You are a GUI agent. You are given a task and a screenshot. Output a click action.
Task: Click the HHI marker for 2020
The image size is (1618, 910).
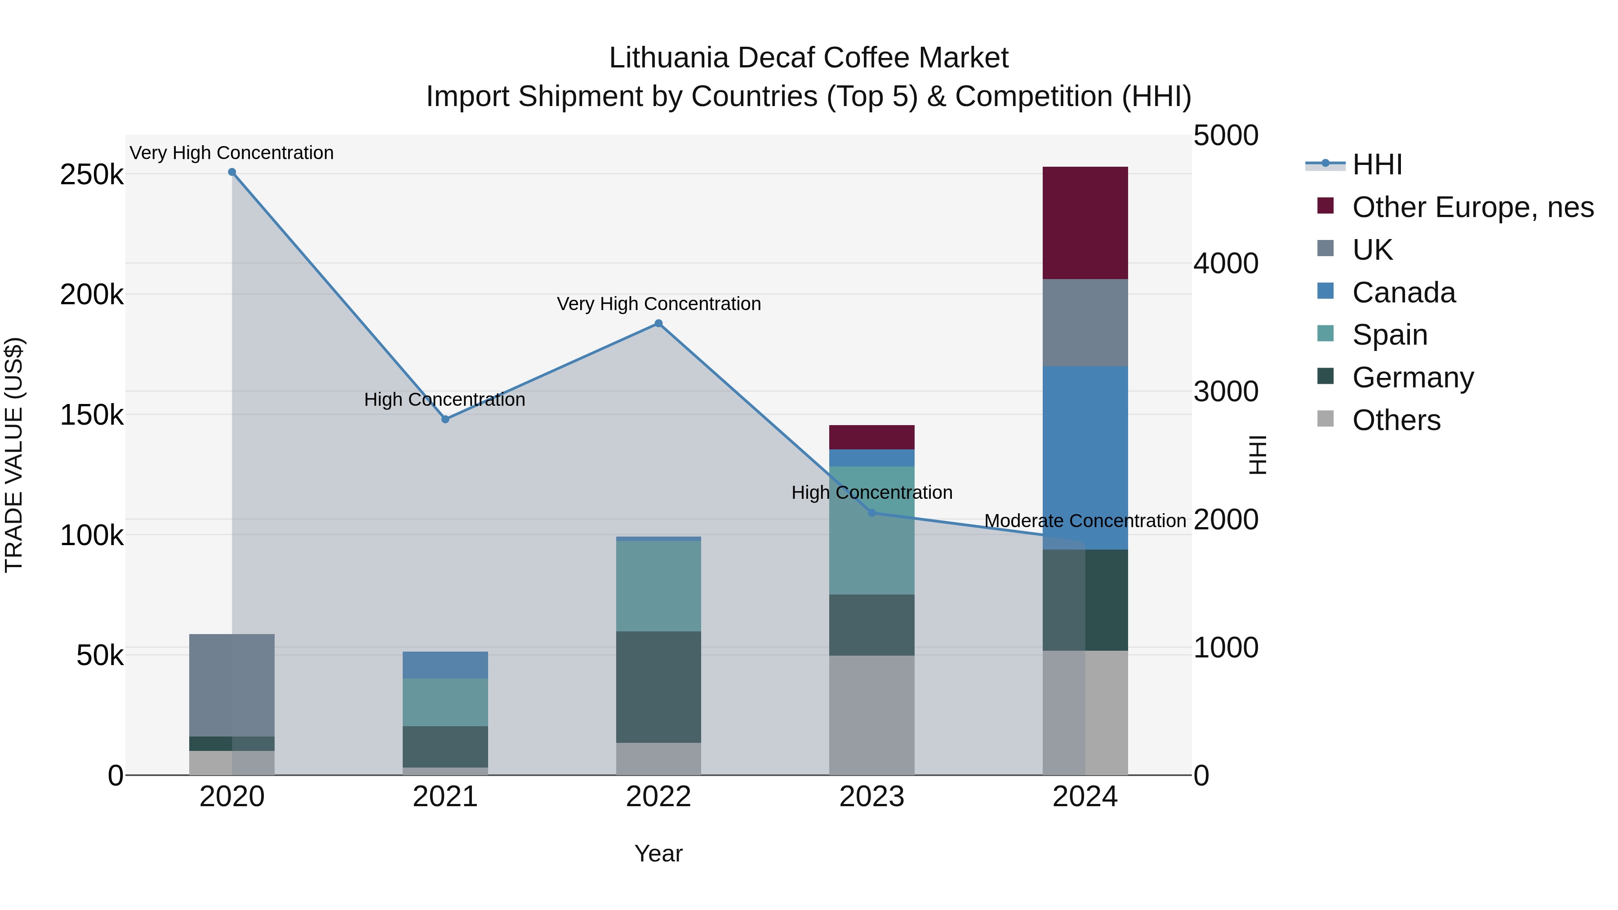(232, 172)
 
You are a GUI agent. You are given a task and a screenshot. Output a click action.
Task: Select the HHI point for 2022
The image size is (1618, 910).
(658, 324)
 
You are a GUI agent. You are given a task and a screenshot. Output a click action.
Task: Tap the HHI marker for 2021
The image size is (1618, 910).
(445, 419)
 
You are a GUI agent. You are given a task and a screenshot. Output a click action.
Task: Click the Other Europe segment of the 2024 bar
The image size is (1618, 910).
(1085, 223)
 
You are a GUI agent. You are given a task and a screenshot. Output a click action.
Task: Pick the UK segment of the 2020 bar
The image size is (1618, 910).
(232, 684)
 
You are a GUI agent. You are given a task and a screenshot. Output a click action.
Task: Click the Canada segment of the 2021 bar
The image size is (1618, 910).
(445, 665)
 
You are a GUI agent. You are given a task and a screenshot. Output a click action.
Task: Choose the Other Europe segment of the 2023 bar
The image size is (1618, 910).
(872, 437)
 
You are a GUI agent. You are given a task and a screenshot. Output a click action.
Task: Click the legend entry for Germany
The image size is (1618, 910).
(1412, 377)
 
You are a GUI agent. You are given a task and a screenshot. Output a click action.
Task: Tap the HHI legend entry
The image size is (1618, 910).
(1377, 164)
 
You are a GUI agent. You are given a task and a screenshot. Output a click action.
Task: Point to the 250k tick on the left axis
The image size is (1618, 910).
(92, 175)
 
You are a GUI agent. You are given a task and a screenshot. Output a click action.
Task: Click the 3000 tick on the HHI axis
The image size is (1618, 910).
(1226, 392)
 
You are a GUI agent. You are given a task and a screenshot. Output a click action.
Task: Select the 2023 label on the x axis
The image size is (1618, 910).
(872, 797)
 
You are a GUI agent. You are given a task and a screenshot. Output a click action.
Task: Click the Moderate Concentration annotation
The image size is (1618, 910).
(1085, 521)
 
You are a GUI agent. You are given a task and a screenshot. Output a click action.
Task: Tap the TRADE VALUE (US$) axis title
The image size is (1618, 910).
(14, 455)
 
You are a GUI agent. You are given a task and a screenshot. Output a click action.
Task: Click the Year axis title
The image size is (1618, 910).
(658, 853)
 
